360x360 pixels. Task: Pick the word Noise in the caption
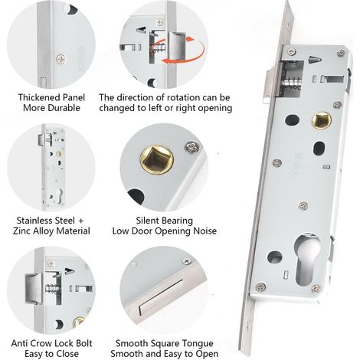[x=205, y=231]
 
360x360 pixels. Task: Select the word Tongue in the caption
[x=199, y=343]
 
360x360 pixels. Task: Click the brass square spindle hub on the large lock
[x=322, y=120]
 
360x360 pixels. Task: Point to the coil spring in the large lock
[x=292, y=83]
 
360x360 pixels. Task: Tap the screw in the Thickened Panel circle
[x=61, y=60]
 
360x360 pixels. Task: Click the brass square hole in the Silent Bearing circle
[x=156, y=160]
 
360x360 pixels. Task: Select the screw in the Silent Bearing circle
[x=192, y=148]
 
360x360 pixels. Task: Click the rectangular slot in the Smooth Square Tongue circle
[x=160, y=297]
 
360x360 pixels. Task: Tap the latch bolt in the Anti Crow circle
[x=34, y=289]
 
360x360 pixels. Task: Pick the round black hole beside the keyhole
[x=275, y=257]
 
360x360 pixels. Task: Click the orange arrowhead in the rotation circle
[x=190, y=40]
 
